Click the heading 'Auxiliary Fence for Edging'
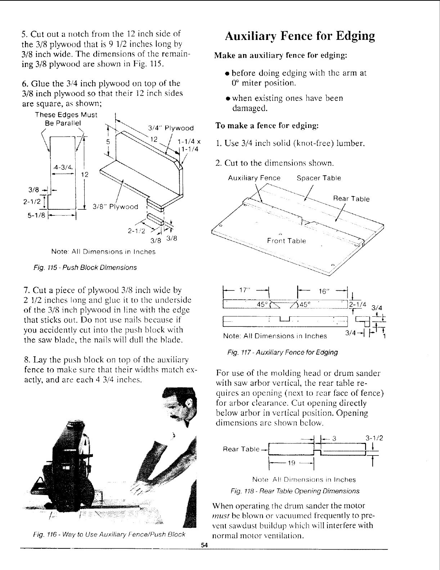[300, 36]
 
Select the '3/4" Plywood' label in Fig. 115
[171, 128]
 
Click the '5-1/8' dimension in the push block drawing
[37, 217]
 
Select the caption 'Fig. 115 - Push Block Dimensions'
[85, 267]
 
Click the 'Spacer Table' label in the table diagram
[319, 178]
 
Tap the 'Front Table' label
[286, 241]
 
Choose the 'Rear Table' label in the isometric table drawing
[351, 199]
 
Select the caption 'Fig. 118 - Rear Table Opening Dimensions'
[295, 491]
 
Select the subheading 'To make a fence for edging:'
[266, 126]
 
